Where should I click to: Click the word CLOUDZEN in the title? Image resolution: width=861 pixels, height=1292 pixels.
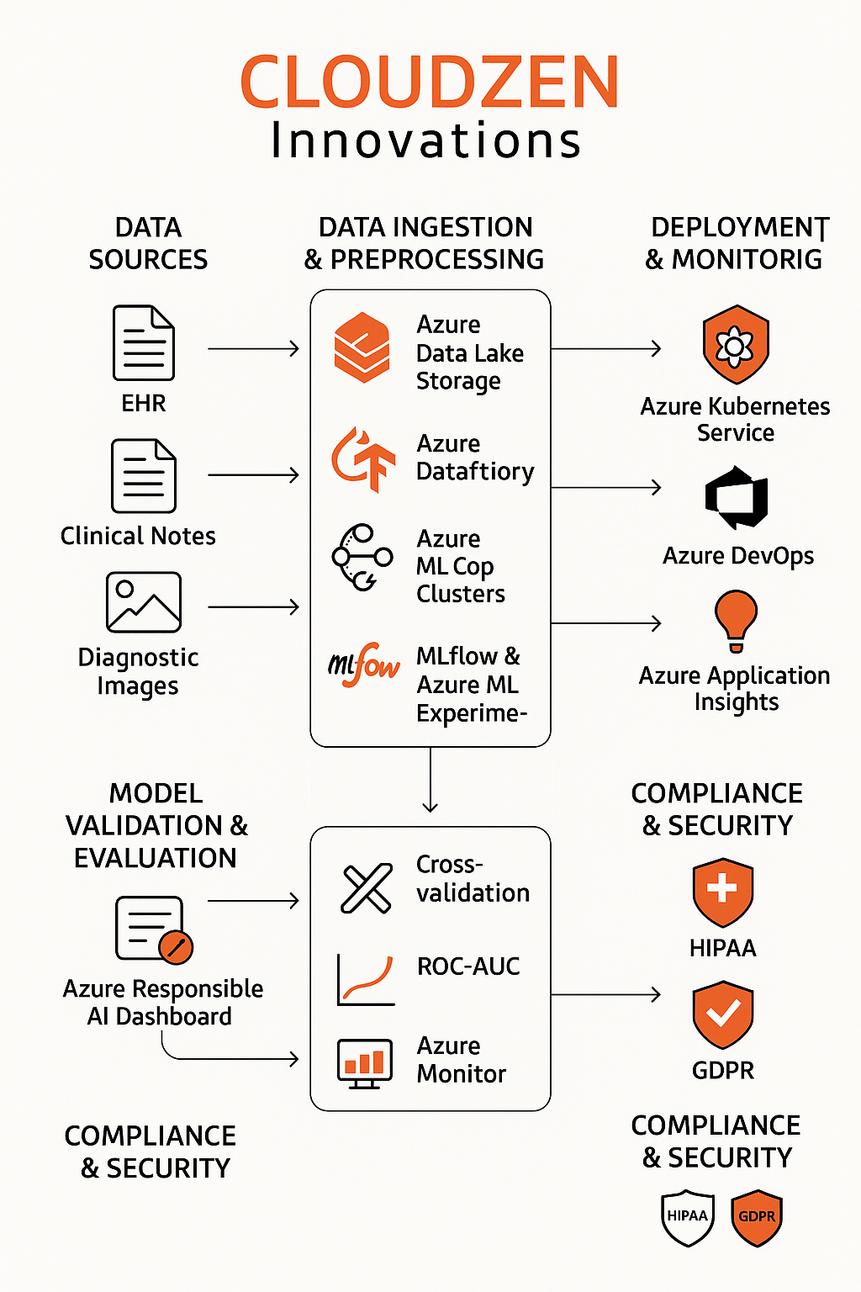click(x=430, y=82)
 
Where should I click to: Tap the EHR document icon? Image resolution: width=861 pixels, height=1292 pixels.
click(x=144, y=343)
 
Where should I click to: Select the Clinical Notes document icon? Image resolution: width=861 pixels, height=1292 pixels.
click(x=144, y=476)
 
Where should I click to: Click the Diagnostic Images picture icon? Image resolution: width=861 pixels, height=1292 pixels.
click(x=144, y=602)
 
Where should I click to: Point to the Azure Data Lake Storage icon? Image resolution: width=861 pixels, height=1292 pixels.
click(x=362, y=347)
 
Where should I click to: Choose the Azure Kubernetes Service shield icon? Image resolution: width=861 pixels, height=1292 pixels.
click(x=736, y=345)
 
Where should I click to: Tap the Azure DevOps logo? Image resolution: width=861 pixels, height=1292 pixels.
click(x=737, y=498)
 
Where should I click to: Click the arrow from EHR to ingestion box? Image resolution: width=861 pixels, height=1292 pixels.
click(x=253, y=348)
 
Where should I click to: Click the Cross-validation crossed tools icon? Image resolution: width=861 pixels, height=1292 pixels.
click(x=367, y=888)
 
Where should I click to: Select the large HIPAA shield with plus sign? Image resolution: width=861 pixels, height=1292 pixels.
click(x=722, y=892)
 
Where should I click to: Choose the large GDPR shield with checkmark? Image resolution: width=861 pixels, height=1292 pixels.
click(x=722, y=1014)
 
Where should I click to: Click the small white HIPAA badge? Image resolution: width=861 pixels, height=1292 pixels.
click(x=688, y=1216)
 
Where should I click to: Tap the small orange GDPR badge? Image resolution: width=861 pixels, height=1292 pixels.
click(x=757, y=1216)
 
